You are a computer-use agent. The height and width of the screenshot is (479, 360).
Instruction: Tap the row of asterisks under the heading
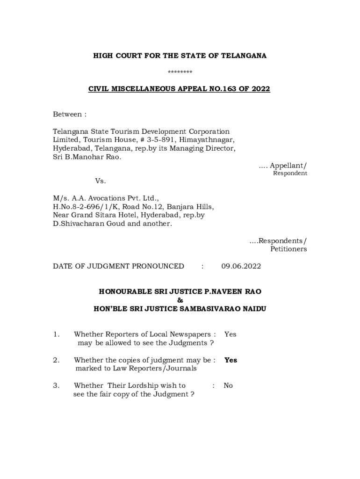[x=180, y=72]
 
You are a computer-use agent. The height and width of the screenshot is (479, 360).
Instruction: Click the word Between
[x=67, y=114]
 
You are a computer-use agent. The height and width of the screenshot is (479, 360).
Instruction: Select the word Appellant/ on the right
[x=289, y=165]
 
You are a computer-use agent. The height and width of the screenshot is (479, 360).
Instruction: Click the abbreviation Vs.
[x=101, y=181]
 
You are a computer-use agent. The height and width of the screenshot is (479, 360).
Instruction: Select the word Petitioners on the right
[x=288, y=249]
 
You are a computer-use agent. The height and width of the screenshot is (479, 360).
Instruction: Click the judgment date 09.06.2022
[x=241, y=266]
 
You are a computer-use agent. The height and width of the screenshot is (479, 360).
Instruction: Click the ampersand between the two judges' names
[x=180, y=300]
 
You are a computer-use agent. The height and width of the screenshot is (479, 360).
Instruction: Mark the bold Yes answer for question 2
[x=230, y=360]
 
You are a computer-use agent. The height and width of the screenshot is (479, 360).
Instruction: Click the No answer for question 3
[x=228, y=385]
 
